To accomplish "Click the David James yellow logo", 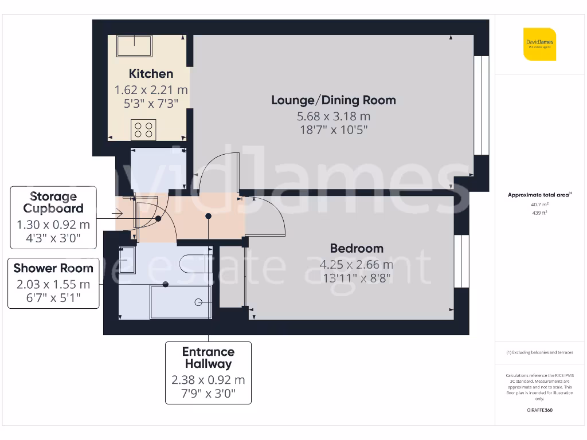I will [539, 44].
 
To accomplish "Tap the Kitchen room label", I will [151, 74].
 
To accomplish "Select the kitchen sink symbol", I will [135, 46].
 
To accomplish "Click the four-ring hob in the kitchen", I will [143, 129].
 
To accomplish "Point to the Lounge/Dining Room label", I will [333, 100].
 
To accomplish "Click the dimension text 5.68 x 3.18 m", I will [333, 116].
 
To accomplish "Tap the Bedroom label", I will [357, 249].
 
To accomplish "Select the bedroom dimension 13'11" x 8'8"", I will [357, 278].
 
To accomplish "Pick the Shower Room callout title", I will [53, 268].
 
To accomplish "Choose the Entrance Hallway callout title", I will [208, 357].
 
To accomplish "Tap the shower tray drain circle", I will [198, 302].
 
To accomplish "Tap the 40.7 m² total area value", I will [539, 204].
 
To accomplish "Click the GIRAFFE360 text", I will [539, 410].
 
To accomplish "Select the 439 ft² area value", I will [539, 213].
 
